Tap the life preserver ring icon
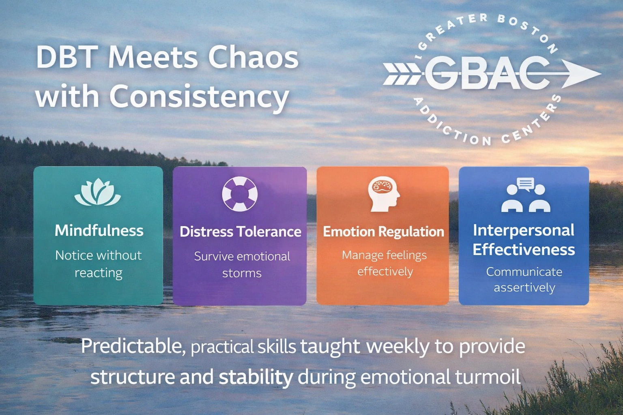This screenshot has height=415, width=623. click(x=240, y=194)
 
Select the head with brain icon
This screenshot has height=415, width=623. click(x=384, y=194)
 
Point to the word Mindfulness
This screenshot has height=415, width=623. click(x=99, y=231)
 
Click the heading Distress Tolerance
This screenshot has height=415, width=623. click(x=240, y=231)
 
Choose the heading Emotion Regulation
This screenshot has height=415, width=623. click(x=384, y=232)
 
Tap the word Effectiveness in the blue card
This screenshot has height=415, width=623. click(x=524, y=249)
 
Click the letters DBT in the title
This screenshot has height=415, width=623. click(x=68, y=57)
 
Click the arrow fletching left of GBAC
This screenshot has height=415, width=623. click(x=402, y=74)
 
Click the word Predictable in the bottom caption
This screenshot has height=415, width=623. click(x=133, y=346)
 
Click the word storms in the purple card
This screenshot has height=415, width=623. click(x=242, y=273)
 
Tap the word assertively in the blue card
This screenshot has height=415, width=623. click(x=524, y=288)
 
